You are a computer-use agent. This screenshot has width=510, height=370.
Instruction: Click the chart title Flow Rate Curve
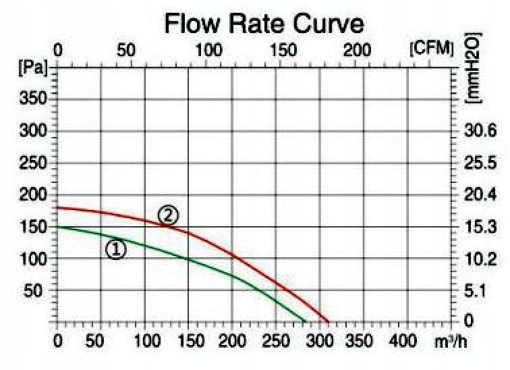pyautogui.click(x=264, y=24)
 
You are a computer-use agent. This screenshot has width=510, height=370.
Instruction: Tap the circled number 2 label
pyautogui.click(x=168, y=215)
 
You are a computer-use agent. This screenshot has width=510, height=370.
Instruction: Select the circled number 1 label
pyautogui.click(x=115, y=250)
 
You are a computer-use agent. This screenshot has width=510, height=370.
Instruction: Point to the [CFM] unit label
pyautogui.click(x=432, y=51)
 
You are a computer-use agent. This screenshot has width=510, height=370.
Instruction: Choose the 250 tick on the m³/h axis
pyautogui.click(x=276, y=340)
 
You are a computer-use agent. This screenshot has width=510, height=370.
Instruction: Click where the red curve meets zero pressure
pyautogui.click(x=329, y=322)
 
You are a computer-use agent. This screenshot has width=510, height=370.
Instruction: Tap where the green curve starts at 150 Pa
pyautogui.click(x=58, y=227)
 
